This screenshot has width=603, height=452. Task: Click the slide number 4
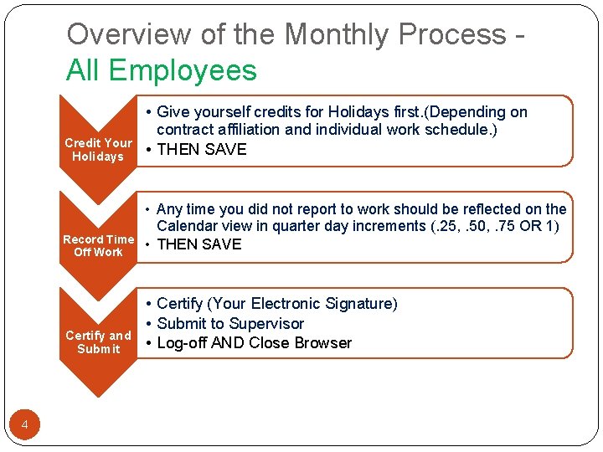click(x=24, y=425)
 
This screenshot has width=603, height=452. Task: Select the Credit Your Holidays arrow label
click(x=98, y=150)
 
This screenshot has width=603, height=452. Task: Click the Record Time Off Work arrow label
click(x=98, y=245)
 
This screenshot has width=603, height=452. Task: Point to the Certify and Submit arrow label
click(x=98, y=342)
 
